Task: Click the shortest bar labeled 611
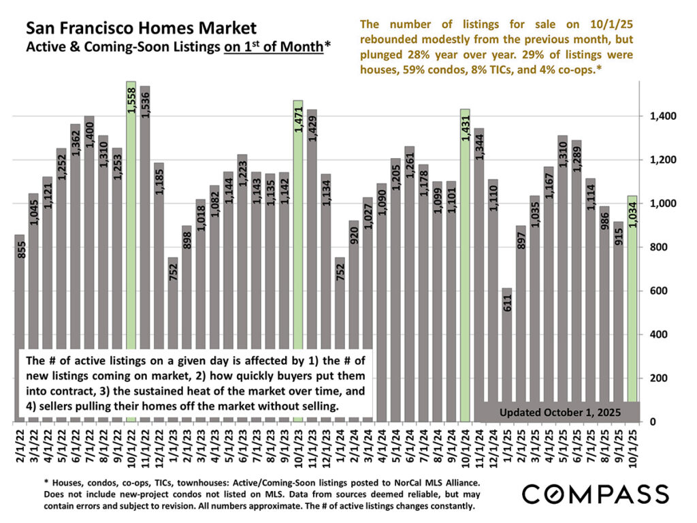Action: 506,340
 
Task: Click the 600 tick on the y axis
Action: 658,291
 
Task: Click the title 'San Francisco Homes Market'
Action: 142,29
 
